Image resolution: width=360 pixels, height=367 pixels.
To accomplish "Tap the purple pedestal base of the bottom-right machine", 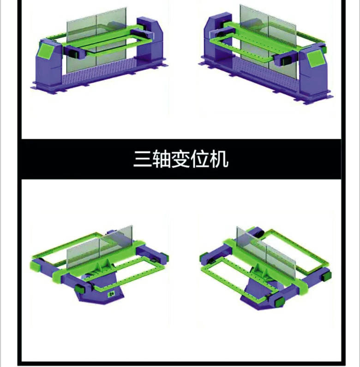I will (x=258, y=295).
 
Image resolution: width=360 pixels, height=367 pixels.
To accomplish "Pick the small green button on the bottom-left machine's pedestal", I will (x=110, y=294).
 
